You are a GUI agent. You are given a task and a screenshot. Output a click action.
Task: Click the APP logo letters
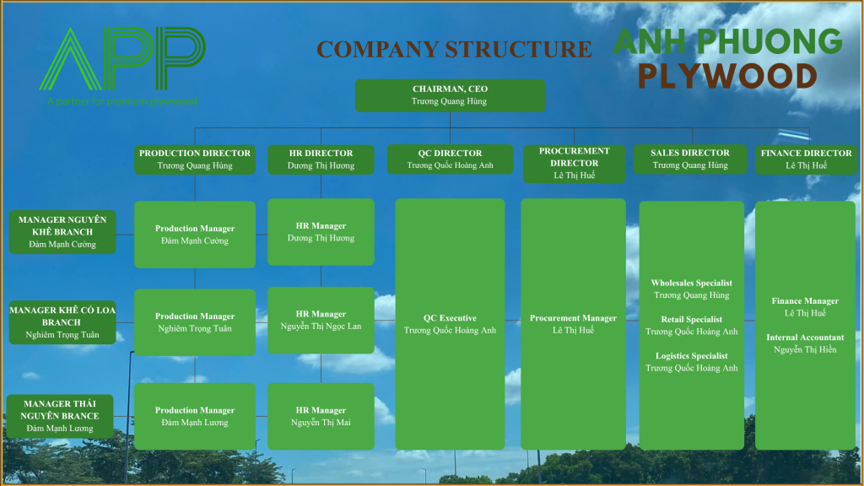[122, 58]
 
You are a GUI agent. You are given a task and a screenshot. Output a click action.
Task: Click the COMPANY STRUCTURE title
[454, 49]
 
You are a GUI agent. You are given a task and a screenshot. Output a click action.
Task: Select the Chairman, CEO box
[451, 95]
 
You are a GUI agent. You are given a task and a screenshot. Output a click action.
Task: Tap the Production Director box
[195, 159]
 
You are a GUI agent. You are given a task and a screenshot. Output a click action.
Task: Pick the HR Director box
[321, 159]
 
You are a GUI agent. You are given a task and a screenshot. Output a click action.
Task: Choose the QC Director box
[451, 159]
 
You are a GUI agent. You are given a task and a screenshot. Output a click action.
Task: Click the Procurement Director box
[574, 163]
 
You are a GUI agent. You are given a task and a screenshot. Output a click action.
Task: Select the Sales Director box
[690, 159]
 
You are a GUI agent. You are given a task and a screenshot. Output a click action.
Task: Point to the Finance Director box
[806, 159]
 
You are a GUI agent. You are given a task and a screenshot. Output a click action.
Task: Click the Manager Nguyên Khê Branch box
[62, 232]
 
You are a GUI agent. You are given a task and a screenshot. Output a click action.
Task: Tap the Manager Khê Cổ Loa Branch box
[62, 322]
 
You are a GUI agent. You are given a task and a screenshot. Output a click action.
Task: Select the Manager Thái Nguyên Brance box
[60, 416]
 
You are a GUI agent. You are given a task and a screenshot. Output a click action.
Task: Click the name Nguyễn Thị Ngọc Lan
[321, 327]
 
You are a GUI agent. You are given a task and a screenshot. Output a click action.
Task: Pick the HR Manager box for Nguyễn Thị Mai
[321, 416]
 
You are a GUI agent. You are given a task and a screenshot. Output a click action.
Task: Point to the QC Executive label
[450, 318]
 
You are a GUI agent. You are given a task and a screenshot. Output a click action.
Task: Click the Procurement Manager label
[573, 318]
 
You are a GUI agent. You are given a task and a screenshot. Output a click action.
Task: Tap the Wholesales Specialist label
[692, 283]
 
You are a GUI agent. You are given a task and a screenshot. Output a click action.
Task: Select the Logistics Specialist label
[692, 356]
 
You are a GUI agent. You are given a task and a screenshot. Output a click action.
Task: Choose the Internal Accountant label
[805, 337]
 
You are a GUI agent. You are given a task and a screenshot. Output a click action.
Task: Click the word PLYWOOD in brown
[727, 76]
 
